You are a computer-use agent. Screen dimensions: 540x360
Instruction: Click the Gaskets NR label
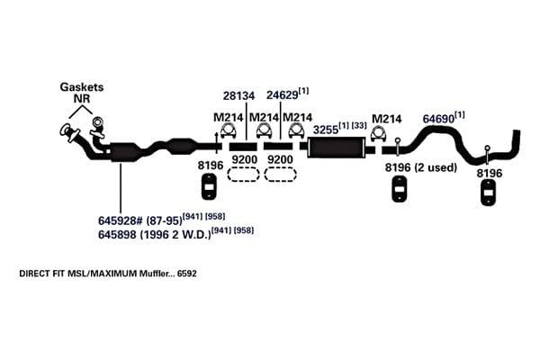[82, 93]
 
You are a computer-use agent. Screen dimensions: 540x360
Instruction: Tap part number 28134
[238, 95]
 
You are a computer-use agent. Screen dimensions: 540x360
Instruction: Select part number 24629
[282, 95]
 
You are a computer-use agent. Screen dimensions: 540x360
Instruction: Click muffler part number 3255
[326, 130]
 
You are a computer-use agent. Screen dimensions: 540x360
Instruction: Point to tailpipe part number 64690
[438, 119]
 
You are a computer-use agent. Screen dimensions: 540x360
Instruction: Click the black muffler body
[337, 148]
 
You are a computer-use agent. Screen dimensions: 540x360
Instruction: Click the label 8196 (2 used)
[421, 167]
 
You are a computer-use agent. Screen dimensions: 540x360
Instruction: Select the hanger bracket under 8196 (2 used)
[400, 189]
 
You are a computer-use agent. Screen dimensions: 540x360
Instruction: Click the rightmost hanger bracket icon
[489, 193]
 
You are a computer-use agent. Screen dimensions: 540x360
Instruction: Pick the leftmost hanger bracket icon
[209, 186]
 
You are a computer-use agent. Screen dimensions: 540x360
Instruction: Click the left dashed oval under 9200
[243, 174]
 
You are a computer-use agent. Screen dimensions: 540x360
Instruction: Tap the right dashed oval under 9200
[280, 174]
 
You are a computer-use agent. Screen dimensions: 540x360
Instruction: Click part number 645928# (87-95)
[139, 220]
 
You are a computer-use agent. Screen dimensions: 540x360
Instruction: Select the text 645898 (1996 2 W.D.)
[154, 235]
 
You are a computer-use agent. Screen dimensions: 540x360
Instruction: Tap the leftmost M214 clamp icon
[229, 130]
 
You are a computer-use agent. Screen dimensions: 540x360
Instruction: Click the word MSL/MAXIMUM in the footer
[102, 274]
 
